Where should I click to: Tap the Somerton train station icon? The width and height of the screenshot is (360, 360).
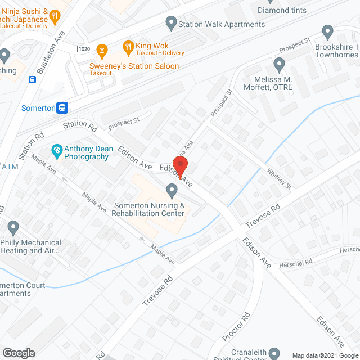63,107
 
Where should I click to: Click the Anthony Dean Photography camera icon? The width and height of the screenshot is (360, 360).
56,150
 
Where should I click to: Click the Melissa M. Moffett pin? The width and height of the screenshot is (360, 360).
279,64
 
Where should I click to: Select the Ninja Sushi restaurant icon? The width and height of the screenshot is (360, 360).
55,17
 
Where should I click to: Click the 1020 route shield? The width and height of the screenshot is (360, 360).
84,48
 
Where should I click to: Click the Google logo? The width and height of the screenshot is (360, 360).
18,353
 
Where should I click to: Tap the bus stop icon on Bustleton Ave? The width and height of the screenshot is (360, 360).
33,79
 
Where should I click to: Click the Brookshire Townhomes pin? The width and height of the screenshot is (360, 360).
327,32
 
